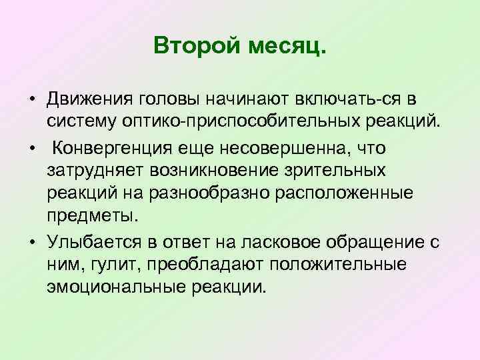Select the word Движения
89,99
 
